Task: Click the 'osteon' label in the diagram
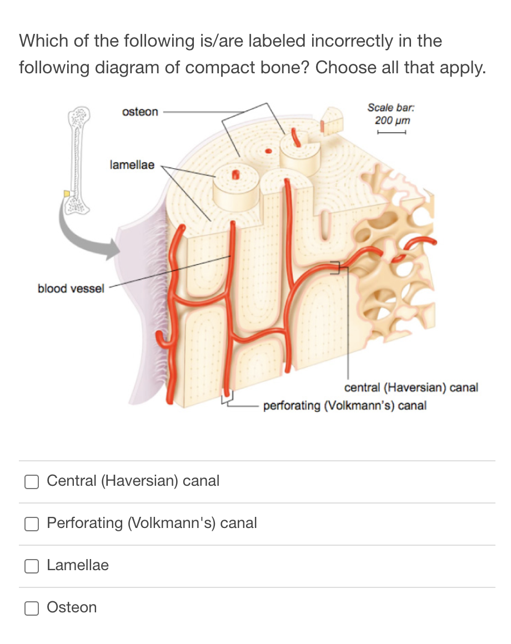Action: (x=139, y=112)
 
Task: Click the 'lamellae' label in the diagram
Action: (x=132, y=165)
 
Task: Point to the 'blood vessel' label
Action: (x=71, y=289)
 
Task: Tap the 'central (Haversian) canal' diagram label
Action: (x=411, y=388)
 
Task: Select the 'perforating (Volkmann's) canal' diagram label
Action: (x=344, y=406)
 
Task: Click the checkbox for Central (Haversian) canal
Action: (x=32, y=481)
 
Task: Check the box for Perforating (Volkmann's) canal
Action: (x=32, y=524)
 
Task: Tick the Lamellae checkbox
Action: (x=32, y=566)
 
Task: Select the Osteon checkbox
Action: (x=32, y=608)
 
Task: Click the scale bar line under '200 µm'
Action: (x=392, y=132)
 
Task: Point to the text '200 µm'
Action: (x=392, y=120)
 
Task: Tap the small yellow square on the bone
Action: (x=67, y=193)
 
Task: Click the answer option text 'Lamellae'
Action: (x=78, y=565)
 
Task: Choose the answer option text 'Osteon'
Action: (x=72, y=607)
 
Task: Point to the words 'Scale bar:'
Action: (x=392, y=108)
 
